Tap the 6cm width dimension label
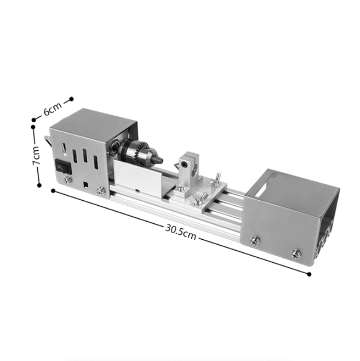tap(53, 109)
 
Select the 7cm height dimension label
tap(35, 156)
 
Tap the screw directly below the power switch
tap(68, 180)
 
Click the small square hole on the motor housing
tap(85, 183)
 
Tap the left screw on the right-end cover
tap(255, 239)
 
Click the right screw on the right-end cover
tap(296, 253)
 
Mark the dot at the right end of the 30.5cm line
tap(309, 274)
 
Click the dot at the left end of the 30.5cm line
tap(53, 191)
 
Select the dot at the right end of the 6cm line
tap(71, 99)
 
